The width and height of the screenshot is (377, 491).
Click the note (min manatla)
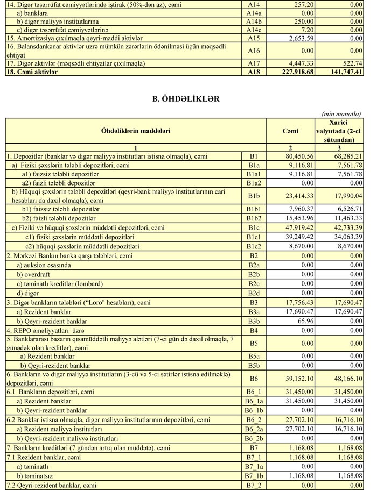pos(341,113)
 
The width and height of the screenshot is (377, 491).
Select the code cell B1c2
pos(254,246)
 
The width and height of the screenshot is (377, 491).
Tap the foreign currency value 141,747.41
pos(341,71)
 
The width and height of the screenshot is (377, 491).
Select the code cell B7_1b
pos(254,475)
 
